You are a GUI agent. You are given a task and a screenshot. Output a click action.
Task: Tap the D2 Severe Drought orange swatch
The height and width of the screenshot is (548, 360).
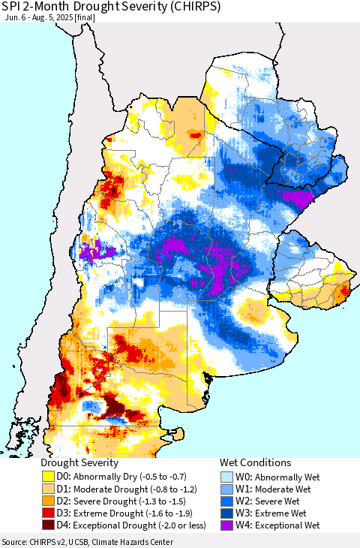click(x=49, y=501)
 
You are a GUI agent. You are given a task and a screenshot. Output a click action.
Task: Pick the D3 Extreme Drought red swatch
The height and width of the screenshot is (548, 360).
click(x=49, y=514)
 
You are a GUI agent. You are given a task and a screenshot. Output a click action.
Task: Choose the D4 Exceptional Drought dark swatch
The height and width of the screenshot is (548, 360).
click(x=49, y=526)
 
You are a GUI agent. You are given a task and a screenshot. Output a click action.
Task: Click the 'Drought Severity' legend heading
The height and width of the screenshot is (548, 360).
click(x=79, y=463)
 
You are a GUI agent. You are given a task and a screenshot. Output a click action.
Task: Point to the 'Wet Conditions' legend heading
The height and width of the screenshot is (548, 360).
click(x=255, y=463)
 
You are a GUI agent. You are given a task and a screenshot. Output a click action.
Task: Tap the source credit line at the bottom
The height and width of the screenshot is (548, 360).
click(x=87, y=542)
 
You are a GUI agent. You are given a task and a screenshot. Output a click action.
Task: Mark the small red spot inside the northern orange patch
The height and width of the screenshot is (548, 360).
click(x=195, y=135)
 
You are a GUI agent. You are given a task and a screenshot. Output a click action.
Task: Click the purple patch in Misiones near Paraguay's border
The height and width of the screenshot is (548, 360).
click(x=292, y=197)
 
